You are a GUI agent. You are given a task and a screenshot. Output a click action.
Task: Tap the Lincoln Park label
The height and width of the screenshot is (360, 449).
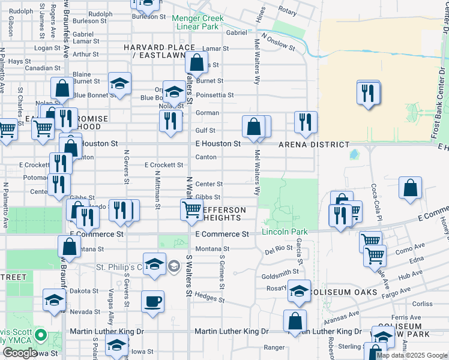(285, 232)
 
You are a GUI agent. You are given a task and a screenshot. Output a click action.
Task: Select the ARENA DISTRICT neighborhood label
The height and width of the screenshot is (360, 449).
(314, 145)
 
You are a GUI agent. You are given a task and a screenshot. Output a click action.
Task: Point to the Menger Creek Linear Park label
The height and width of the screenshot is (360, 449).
(197, 22)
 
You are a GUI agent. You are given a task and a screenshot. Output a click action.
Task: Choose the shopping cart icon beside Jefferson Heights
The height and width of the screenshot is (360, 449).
(191, 209)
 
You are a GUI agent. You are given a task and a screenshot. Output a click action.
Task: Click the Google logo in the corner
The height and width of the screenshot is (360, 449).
(20, 353)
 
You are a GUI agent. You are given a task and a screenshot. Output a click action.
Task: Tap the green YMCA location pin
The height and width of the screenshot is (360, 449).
(40, 335)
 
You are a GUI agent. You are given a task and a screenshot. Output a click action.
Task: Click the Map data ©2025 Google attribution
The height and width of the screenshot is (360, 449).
(412, 355)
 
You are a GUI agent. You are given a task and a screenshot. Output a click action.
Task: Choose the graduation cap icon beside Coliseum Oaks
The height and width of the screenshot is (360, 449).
(299, 290)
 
